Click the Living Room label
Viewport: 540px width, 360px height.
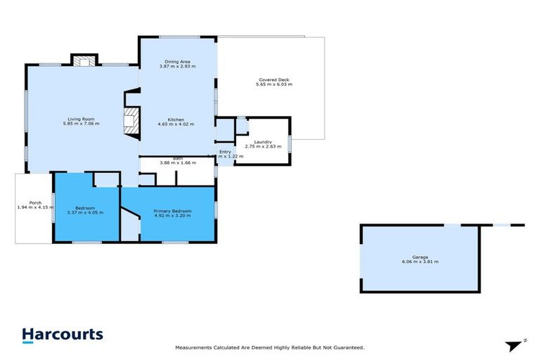pyautogui.click(x=82, y=119)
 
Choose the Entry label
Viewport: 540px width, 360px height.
pyautogui.click(x=225, y=152)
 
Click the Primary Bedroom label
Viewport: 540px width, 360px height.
pyautogui.click(x=172, y=211)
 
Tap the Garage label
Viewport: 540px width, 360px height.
pyautogui.click(x=420, y=257)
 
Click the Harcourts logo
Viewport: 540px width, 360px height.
pyautogui.click(x=62, y=335)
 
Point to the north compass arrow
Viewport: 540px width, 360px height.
pyautogui.click(x=514, y=345)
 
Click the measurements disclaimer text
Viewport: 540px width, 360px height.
pyautogui.click(x=269, y=347)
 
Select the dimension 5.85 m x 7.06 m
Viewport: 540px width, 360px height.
pyautogui.click(x=82, y=124)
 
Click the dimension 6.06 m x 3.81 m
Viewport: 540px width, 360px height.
pyautogui.click(x=420, y=262)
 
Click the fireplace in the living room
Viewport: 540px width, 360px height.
pyautogui.click(x=130, y=121)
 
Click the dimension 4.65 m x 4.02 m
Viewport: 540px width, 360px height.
pyautogui.click(x=176, y=124)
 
